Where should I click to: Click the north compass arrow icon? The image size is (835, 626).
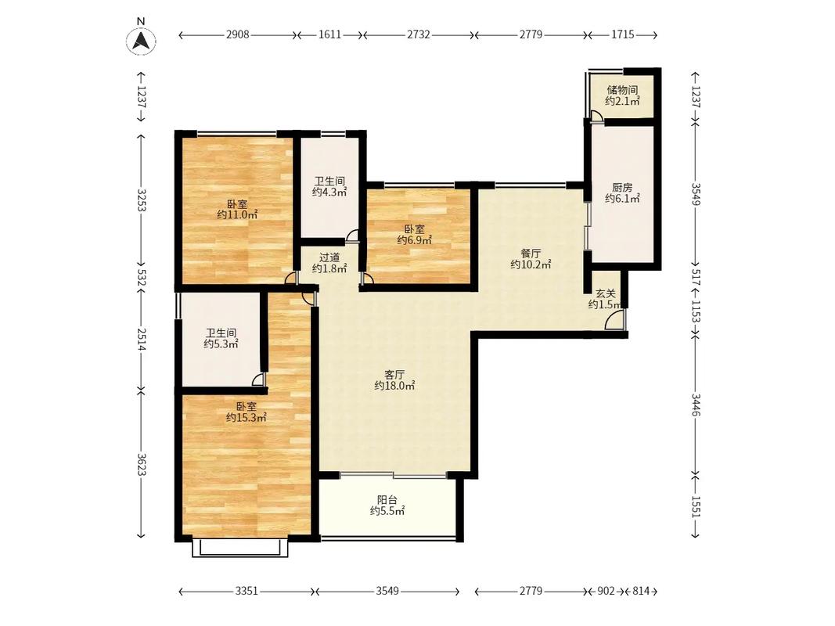[x=141, y=40]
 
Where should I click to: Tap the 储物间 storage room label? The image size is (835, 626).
[x=622, y=90]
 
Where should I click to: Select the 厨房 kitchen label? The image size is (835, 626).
[x=622, y=187]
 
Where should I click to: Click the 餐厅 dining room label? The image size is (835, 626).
[x=531, y=254]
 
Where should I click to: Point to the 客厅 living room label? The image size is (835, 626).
[x=394, y=374]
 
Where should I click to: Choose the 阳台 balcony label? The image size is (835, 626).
[x=387, y=500]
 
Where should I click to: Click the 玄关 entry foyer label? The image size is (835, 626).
[x=606, y=293]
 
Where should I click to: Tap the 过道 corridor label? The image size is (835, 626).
[x=329, y=257]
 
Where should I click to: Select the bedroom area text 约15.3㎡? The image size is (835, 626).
[x=246, y=418]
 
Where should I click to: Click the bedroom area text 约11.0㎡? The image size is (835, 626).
[x=237, y=215]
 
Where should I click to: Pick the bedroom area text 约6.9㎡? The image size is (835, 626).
[x=414, y=240]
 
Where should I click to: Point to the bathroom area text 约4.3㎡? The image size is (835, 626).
[x=329, y=192]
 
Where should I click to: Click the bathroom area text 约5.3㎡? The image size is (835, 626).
[x=221, y=344]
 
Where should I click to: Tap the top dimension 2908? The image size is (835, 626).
[x=237, y=34]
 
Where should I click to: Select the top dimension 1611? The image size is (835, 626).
[x=329, y=34]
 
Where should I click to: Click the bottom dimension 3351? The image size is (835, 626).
[x=247, y=591]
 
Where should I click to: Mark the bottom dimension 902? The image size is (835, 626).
[x=606, y=591]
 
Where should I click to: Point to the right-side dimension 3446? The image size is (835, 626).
[x=696, y=405]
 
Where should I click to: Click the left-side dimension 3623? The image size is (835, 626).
[x=142, y=465]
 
